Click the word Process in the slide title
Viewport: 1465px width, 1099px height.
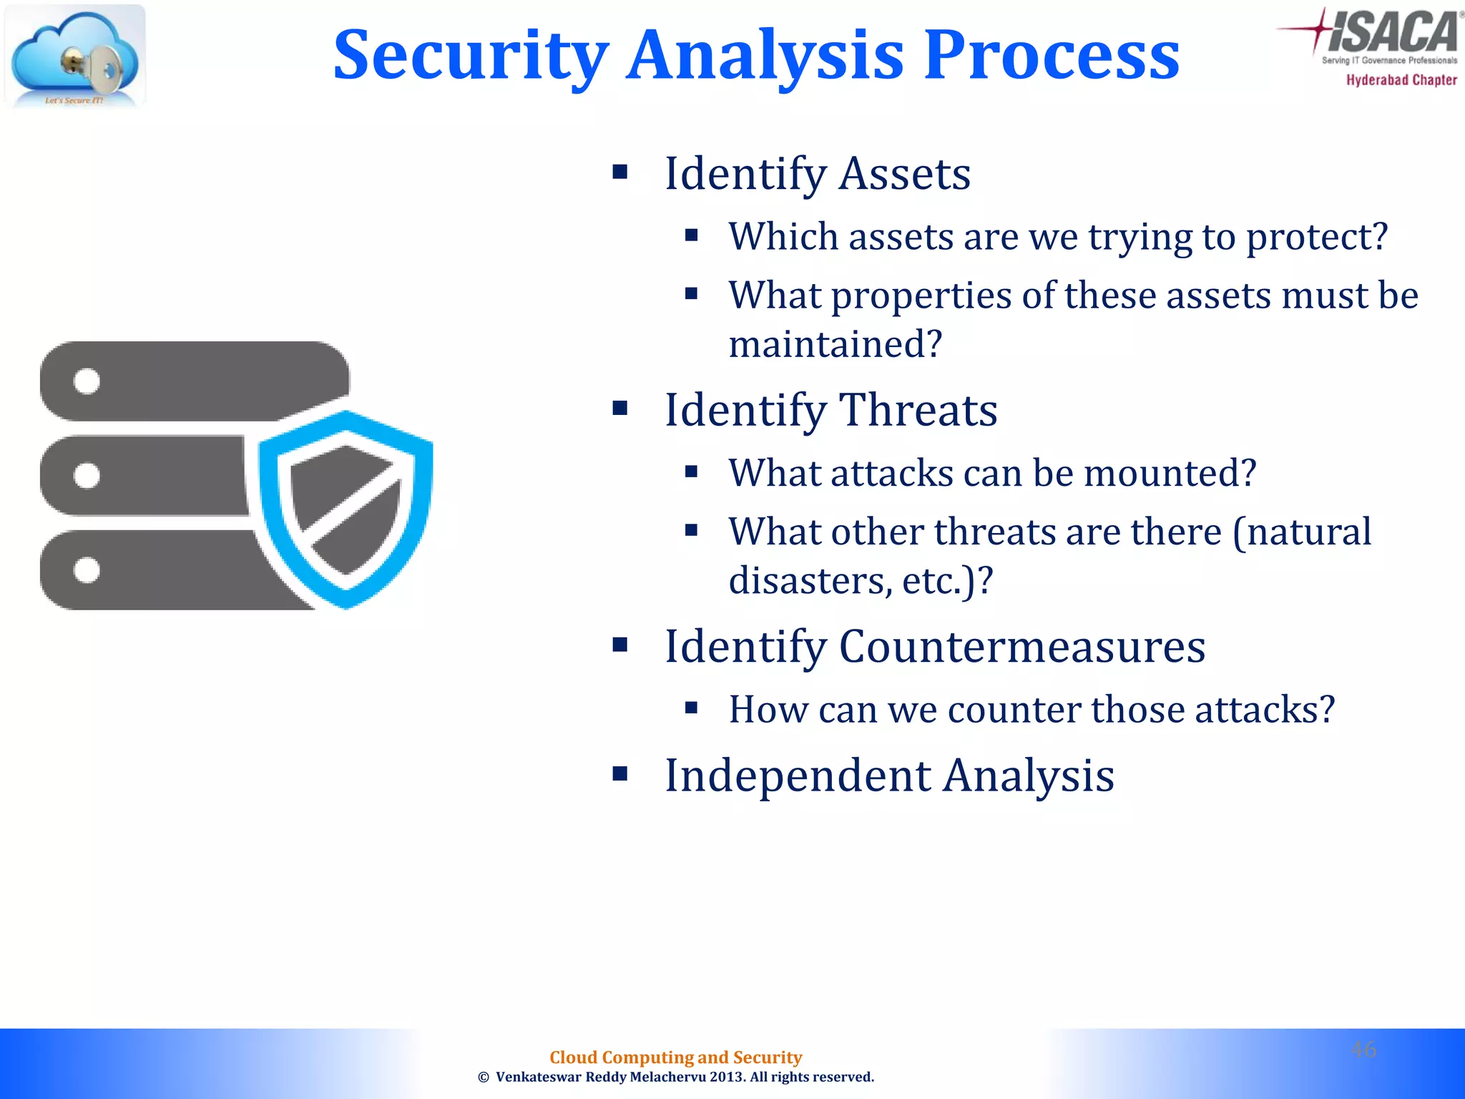tap(1051, 56)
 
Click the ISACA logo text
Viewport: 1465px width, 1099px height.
tap(1391, 32)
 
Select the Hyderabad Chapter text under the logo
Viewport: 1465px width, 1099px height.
tap(1401, 80)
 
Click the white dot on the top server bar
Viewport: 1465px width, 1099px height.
tap(87, 381)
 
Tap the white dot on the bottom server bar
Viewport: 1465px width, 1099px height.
tap(87, 570)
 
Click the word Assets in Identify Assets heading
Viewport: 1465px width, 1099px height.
tap(904, 174)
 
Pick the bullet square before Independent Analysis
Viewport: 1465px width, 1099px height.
tap(620, 773)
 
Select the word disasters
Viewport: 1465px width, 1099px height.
tap(810, 580)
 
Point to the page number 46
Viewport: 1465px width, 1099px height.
tap(1363, 1050)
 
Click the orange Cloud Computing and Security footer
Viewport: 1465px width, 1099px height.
tap(675, 1057)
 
